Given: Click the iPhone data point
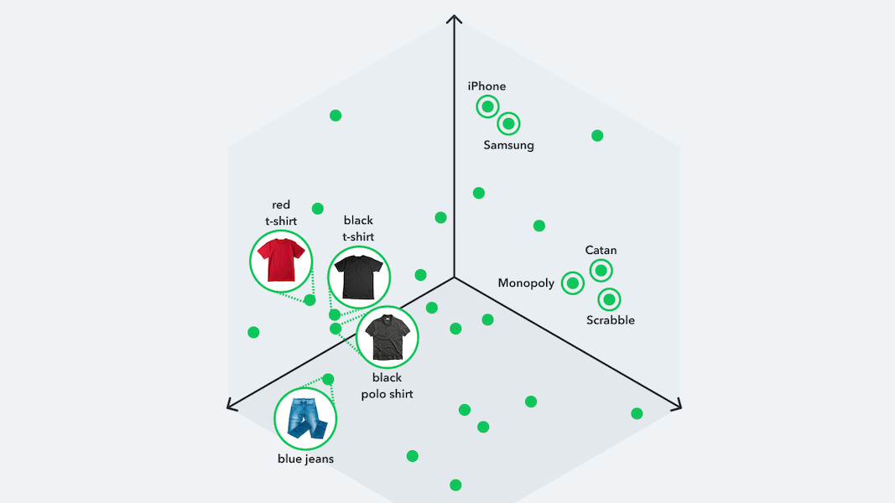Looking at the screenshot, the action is [x=487, y=106].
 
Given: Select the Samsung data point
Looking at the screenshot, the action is [x=508, y=124].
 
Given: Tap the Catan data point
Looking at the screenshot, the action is [x=601, y=270].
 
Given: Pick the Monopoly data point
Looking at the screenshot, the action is [x=573, y=283].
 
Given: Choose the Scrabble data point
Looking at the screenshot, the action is [x=609, y=299].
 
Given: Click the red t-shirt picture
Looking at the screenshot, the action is [x=281, y=262].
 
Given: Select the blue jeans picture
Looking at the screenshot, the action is [x=305, y=419].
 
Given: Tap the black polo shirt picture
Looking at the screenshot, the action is [x=387, y=337].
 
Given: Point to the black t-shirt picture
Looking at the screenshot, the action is [x=358, y=277].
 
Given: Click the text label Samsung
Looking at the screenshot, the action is [x=508, y=145].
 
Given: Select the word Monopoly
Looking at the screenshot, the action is [x=526, y=283].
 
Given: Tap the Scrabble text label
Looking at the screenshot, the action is [x=610, y=320].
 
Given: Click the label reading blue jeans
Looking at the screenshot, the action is [x=305, y=459].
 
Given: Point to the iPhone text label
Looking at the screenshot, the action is [x=487, y=86].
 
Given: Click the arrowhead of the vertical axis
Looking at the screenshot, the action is [x=455, y=18].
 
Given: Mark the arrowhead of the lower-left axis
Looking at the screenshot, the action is [x=232, y=404].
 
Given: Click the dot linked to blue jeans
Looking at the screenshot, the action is [x=328, y=379].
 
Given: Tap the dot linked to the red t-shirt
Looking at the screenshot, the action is [x=310, y=300].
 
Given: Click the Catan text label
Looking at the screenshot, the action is [x=601, y=251].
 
